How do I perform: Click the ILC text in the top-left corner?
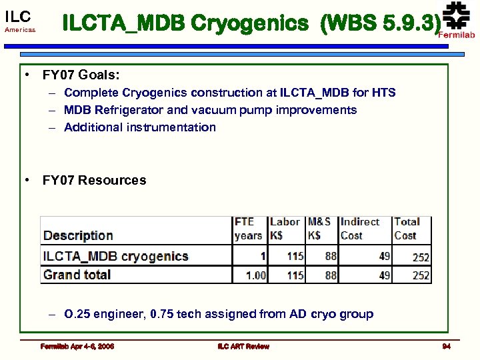click(17, 17)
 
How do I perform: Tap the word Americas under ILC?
click(19, 31)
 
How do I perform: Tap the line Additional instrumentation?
click(139, 127)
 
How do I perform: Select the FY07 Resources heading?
click(94, 180)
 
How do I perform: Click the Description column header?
click(78, 235)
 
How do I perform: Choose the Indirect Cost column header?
click(359, 229)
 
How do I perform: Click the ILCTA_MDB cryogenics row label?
click(116, 256)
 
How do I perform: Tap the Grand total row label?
click(77, 275)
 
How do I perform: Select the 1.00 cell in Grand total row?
click(255, 275)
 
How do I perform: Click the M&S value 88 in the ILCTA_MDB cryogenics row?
click(330, 256)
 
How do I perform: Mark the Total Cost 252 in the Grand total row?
click(421, 275)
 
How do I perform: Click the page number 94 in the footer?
click(446, 346)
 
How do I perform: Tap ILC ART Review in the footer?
click(243, 346)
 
